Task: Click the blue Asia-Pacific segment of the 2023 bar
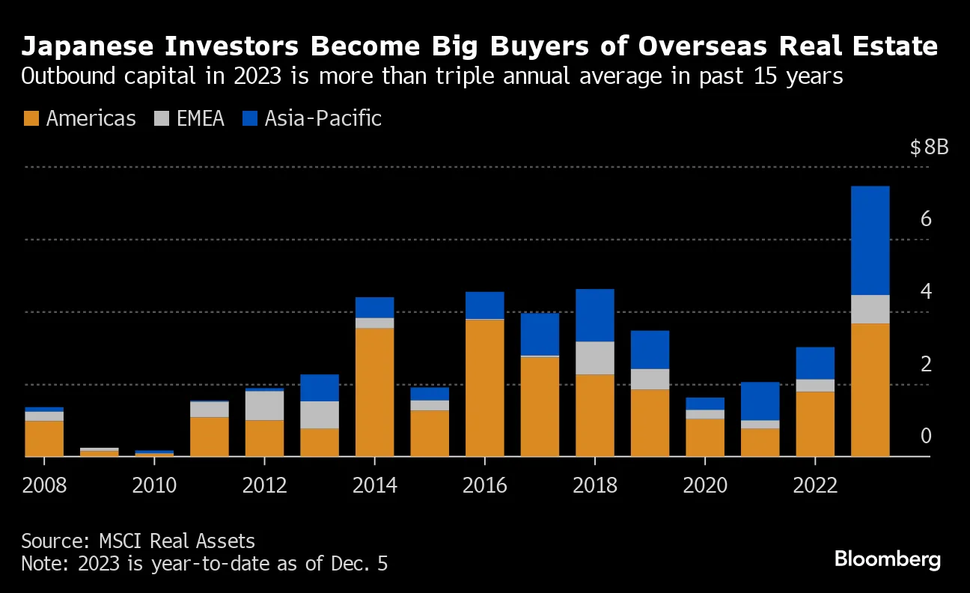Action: click(x=870, y=240)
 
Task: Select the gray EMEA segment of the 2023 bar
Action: click(x=870, y=309)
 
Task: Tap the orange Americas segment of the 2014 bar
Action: click(x=374, y=392)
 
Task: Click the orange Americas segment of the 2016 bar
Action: click(x=484, y=388)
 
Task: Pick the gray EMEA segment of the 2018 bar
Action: click(x=595, y=358)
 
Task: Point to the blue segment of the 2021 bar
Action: click(x=760, y=401)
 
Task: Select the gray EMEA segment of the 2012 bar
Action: click(x=264, y=405)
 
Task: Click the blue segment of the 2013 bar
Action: click(x=320, y=388)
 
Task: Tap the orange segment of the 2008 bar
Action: click(x=44, y=438)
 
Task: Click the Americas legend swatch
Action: click(x=31, y=118)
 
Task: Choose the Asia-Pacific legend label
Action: click(x=323, y=118)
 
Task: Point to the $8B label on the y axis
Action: click(x=929, y=147)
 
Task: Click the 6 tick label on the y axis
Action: click(x=926, y=219)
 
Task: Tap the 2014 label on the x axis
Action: click(x=374, y=485)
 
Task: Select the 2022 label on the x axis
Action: click(x=815, y=485)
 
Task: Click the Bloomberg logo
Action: click(x=887, y=559)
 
